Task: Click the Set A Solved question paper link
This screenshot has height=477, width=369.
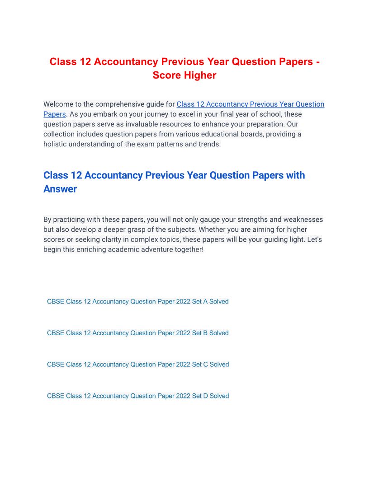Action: (137, 301)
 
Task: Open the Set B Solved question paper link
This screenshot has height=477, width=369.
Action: (137, 333)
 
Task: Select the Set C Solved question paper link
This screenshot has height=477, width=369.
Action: (137, 365)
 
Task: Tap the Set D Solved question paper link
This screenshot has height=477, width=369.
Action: (137, 396)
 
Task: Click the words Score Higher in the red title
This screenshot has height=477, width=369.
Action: (184, 75)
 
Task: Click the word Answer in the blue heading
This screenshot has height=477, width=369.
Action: (60, 189)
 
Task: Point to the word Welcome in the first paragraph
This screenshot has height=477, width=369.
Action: (58, 104)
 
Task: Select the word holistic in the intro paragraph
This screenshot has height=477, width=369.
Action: (56, 144)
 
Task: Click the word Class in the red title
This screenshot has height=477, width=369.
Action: (63, 62)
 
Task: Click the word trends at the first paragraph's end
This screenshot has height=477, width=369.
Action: (209, 144)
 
